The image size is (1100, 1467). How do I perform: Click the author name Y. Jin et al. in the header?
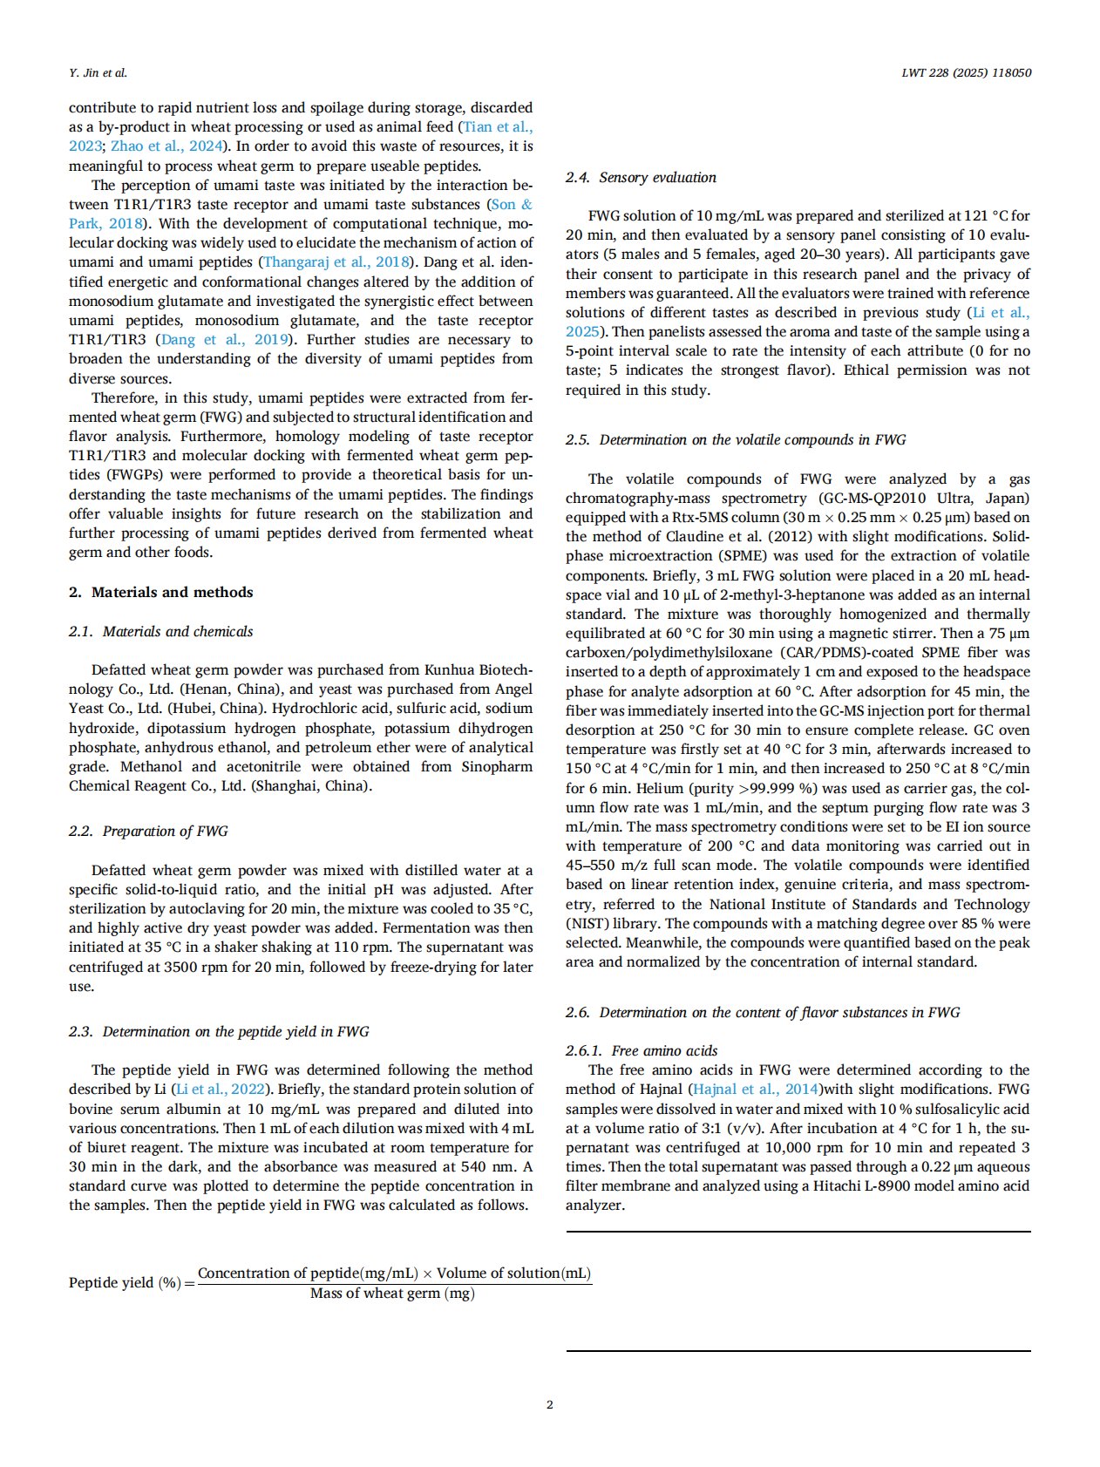click(98, 73)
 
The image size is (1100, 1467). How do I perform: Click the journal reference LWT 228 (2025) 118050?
click(966, 73)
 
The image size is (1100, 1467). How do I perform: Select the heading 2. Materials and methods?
click(161, 592)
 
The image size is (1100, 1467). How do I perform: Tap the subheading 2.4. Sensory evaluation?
click(641, 177)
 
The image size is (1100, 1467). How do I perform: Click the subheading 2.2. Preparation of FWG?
click(148, 831)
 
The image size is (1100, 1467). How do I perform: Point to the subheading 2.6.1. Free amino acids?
click(642, 1050)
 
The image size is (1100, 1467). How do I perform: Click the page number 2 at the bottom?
click(549, 1404)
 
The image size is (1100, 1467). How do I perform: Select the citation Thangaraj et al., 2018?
click(336, 262)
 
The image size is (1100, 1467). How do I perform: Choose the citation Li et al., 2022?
click(221, 1089)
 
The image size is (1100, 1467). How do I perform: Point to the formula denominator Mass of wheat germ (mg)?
click(392, 1294)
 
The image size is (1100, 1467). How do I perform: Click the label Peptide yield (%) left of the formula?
click(125, 1282)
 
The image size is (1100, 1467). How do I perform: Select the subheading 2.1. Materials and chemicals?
click(161, 631)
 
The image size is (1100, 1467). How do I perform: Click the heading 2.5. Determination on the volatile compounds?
click(736, 439)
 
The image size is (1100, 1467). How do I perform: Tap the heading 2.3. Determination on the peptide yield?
click(219, 1031)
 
